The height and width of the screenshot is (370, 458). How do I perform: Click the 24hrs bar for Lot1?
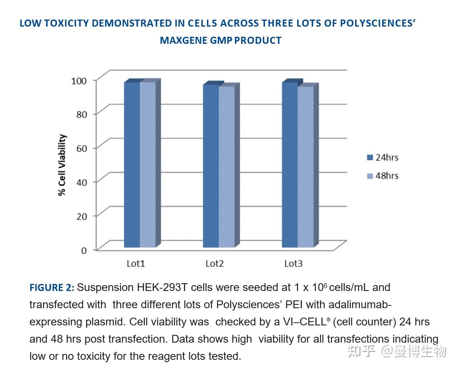coord(132,164)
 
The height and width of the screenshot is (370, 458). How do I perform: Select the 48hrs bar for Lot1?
coord(148,164)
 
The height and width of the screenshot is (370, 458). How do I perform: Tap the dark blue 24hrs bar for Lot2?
coord(211,166)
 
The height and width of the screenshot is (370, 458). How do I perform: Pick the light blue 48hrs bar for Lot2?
coord(226,167)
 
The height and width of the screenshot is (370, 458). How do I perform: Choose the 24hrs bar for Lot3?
coord(290,164)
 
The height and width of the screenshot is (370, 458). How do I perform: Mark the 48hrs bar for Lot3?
coord(305,167)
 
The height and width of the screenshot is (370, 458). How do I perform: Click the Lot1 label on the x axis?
coord(136,264)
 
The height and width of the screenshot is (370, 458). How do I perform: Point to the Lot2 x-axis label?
coord(215,264)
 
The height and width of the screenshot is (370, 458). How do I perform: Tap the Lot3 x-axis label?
coord(294,264)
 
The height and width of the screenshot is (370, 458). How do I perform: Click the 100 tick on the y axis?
coord(78,81)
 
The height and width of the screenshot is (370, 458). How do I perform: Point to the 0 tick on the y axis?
coord(84,250)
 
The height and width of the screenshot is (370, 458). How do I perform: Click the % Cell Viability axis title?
coord(62,165)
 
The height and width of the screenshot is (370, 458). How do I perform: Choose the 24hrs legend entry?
coord(382,158)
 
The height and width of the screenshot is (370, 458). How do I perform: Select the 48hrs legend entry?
coord(382,176)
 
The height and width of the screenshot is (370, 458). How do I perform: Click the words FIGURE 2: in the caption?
coord(52,288)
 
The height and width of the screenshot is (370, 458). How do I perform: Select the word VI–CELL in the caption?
coord(305,322)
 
